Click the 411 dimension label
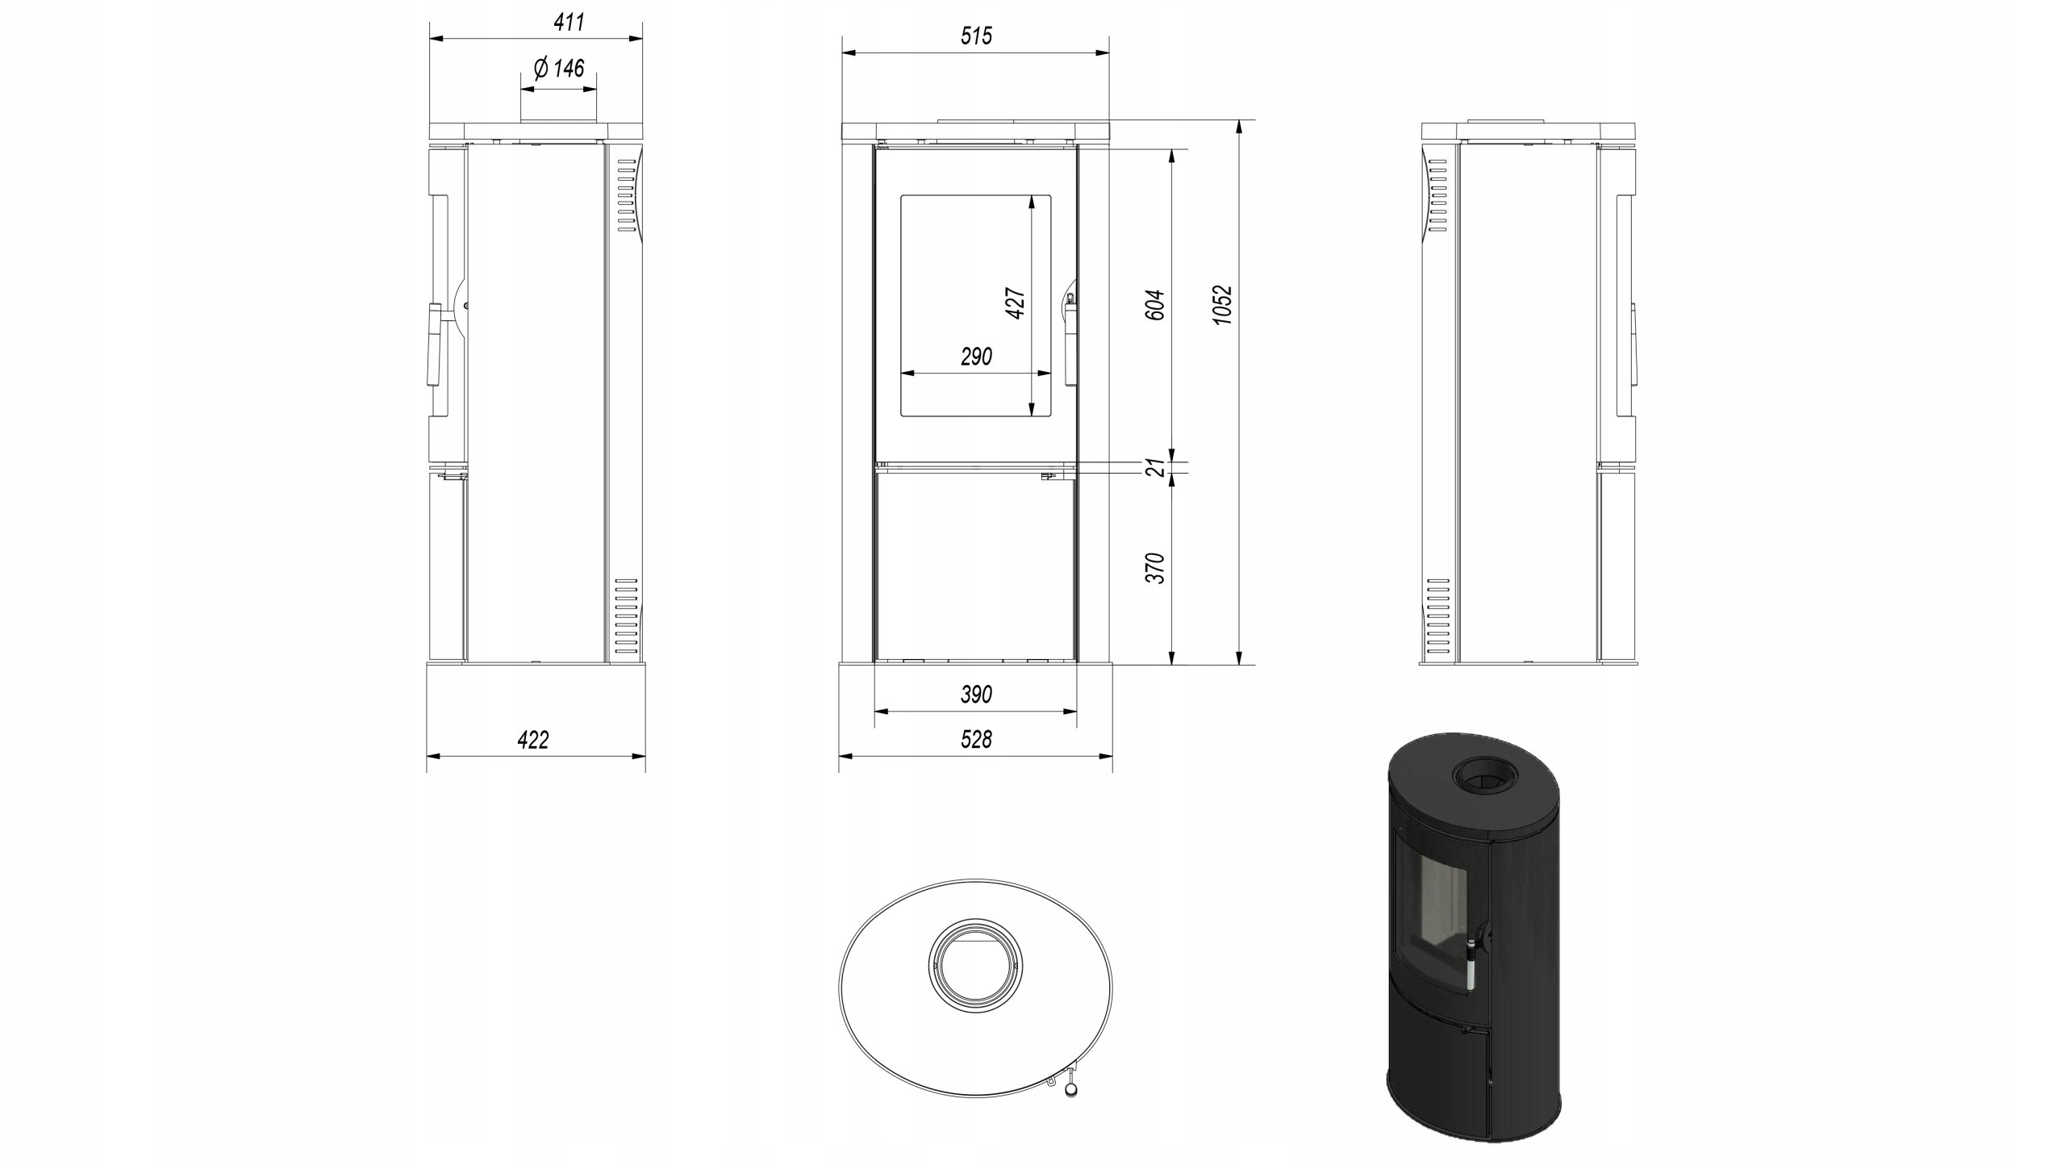(x=569, y=23)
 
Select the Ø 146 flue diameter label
(x=558, y=68)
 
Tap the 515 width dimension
(x=976, y=36)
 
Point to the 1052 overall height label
(x=1223, y=305)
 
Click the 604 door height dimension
(x=1155, y=305)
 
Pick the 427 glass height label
(x=1016, y=303)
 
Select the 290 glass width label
(x=976, y=357)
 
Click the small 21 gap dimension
(x=1155, y=467)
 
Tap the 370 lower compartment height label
(x=1155, y=568)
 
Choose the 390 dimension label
(x=976, y=695)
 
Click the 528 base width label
(x=976, y=739)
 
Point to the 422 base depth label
(x=533, y=740)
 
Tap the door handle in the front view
(x=1070, y=339)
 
